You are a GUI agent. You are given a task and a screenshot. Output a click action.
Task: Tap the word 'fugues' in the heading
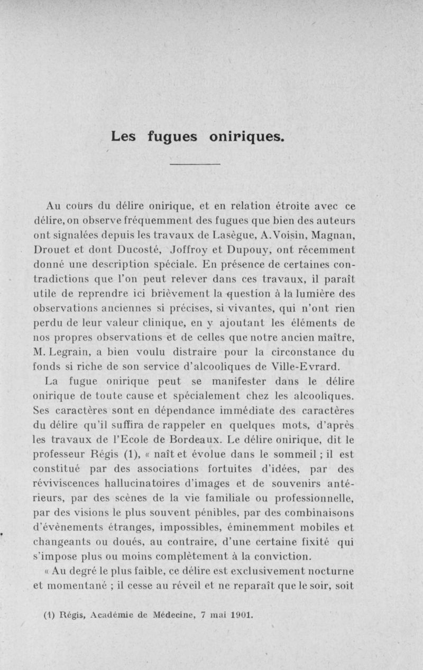tap(172, 137)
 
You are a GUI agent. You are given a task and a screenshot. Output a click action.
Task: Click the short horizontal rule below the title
tap(195, 165)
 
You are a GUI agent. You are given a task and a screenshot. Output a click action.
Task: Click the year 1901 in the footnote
tap(244, 615)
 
